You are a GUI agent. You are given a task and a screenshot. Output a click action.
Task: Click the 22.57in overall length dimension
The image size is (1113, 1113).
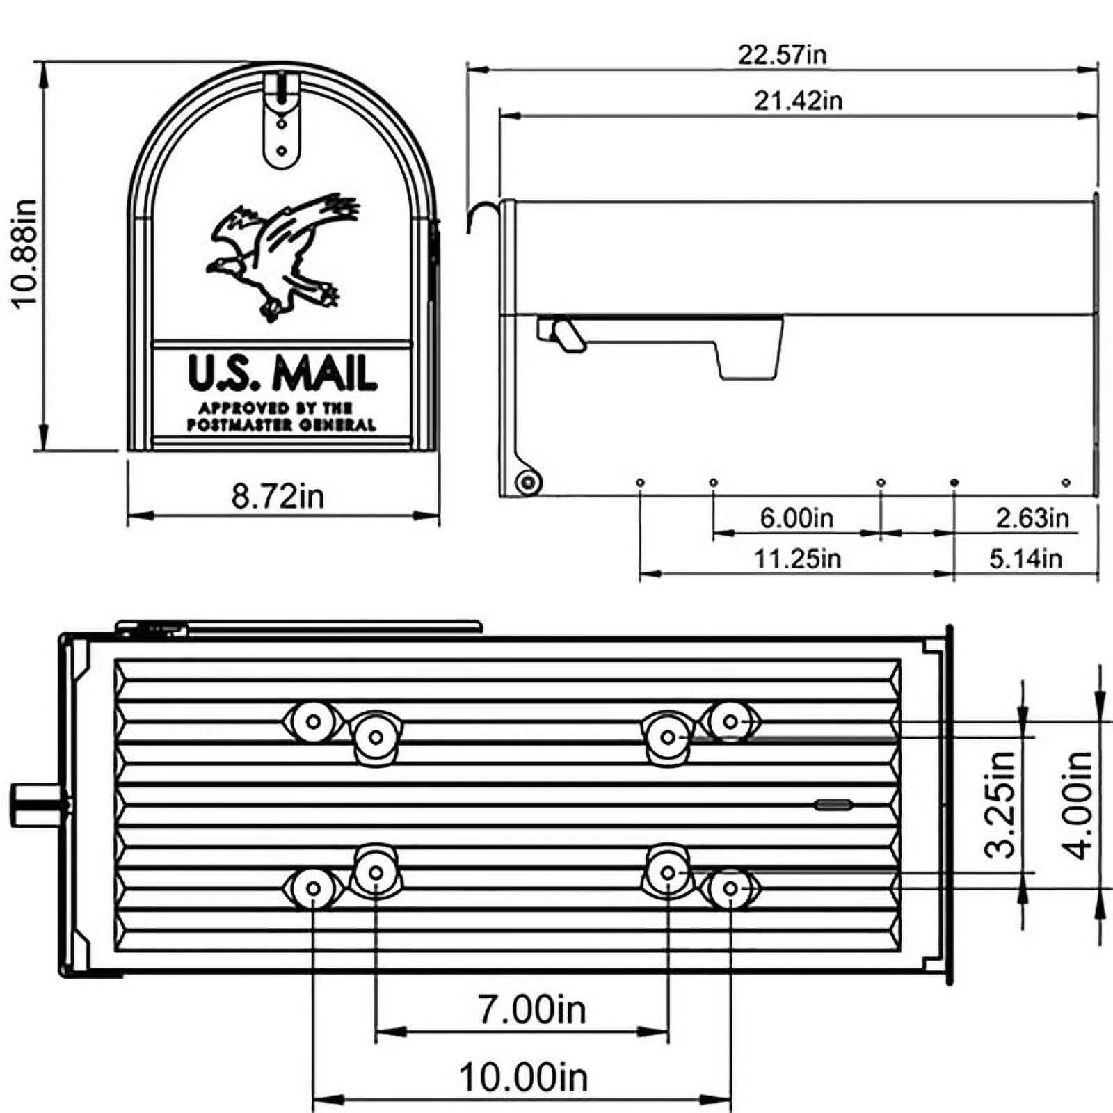pyautogui.click(x=782, y=54)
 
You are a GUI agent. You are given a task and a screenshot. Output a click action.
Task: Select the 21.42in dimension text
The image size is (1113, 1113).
pyautogui.click(x=798, y=101)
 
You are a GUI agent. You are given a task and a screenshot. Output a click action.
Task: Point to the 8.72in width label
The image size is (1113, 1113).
pyautogui.click(x=278, y=496)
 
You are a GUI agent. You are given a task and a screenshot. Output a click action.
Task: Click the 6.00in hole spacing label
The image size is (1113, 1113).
pyautogui.click(x=796, y=518)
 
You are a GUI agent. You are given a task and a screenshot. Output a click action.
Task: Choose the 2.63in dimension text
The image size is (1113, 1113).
pyautogui.click(x=1032, y=518)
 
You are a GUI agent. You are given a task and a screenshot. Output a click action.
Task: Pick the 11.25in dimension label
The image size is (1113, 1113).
pyautogui.click(x=797, y=558)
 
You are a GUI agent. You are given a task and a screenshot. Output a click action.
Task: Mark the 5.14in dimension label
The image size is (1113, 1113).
pyautogui.click(x=1025, y=558)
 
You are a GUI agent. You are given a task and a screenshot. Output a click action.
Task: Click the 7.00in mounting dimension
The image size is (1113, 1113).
pyautogui.click(x=531, y=1009)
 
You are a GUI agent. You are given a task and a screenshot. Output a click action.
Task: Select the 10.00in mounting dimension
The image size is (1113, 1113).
pyautogui.click(x=523, y=1077)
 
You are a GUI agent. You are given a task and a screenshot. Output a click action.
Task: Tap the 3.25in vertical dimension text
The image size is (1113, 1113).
pyautogui.click(x=1001, y=804)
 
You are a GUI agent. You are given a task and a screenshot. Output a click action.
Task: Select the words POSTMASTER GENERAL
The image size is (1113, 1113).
pyautogui.click(x=281, y=424)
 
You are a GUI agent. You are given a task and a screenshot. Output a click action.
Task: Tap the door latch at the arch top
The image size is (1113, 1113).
pyautogui.click(x=281, y=118)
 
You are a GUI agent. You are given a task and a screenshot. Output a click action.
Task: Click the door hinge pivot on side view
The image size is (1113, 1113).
pyautogui.click(x=528, y=481)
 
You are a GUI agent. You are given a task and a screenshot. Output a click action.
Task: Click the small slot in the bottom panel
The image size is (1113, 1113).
pyautogui.click(x=833, y=805)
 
